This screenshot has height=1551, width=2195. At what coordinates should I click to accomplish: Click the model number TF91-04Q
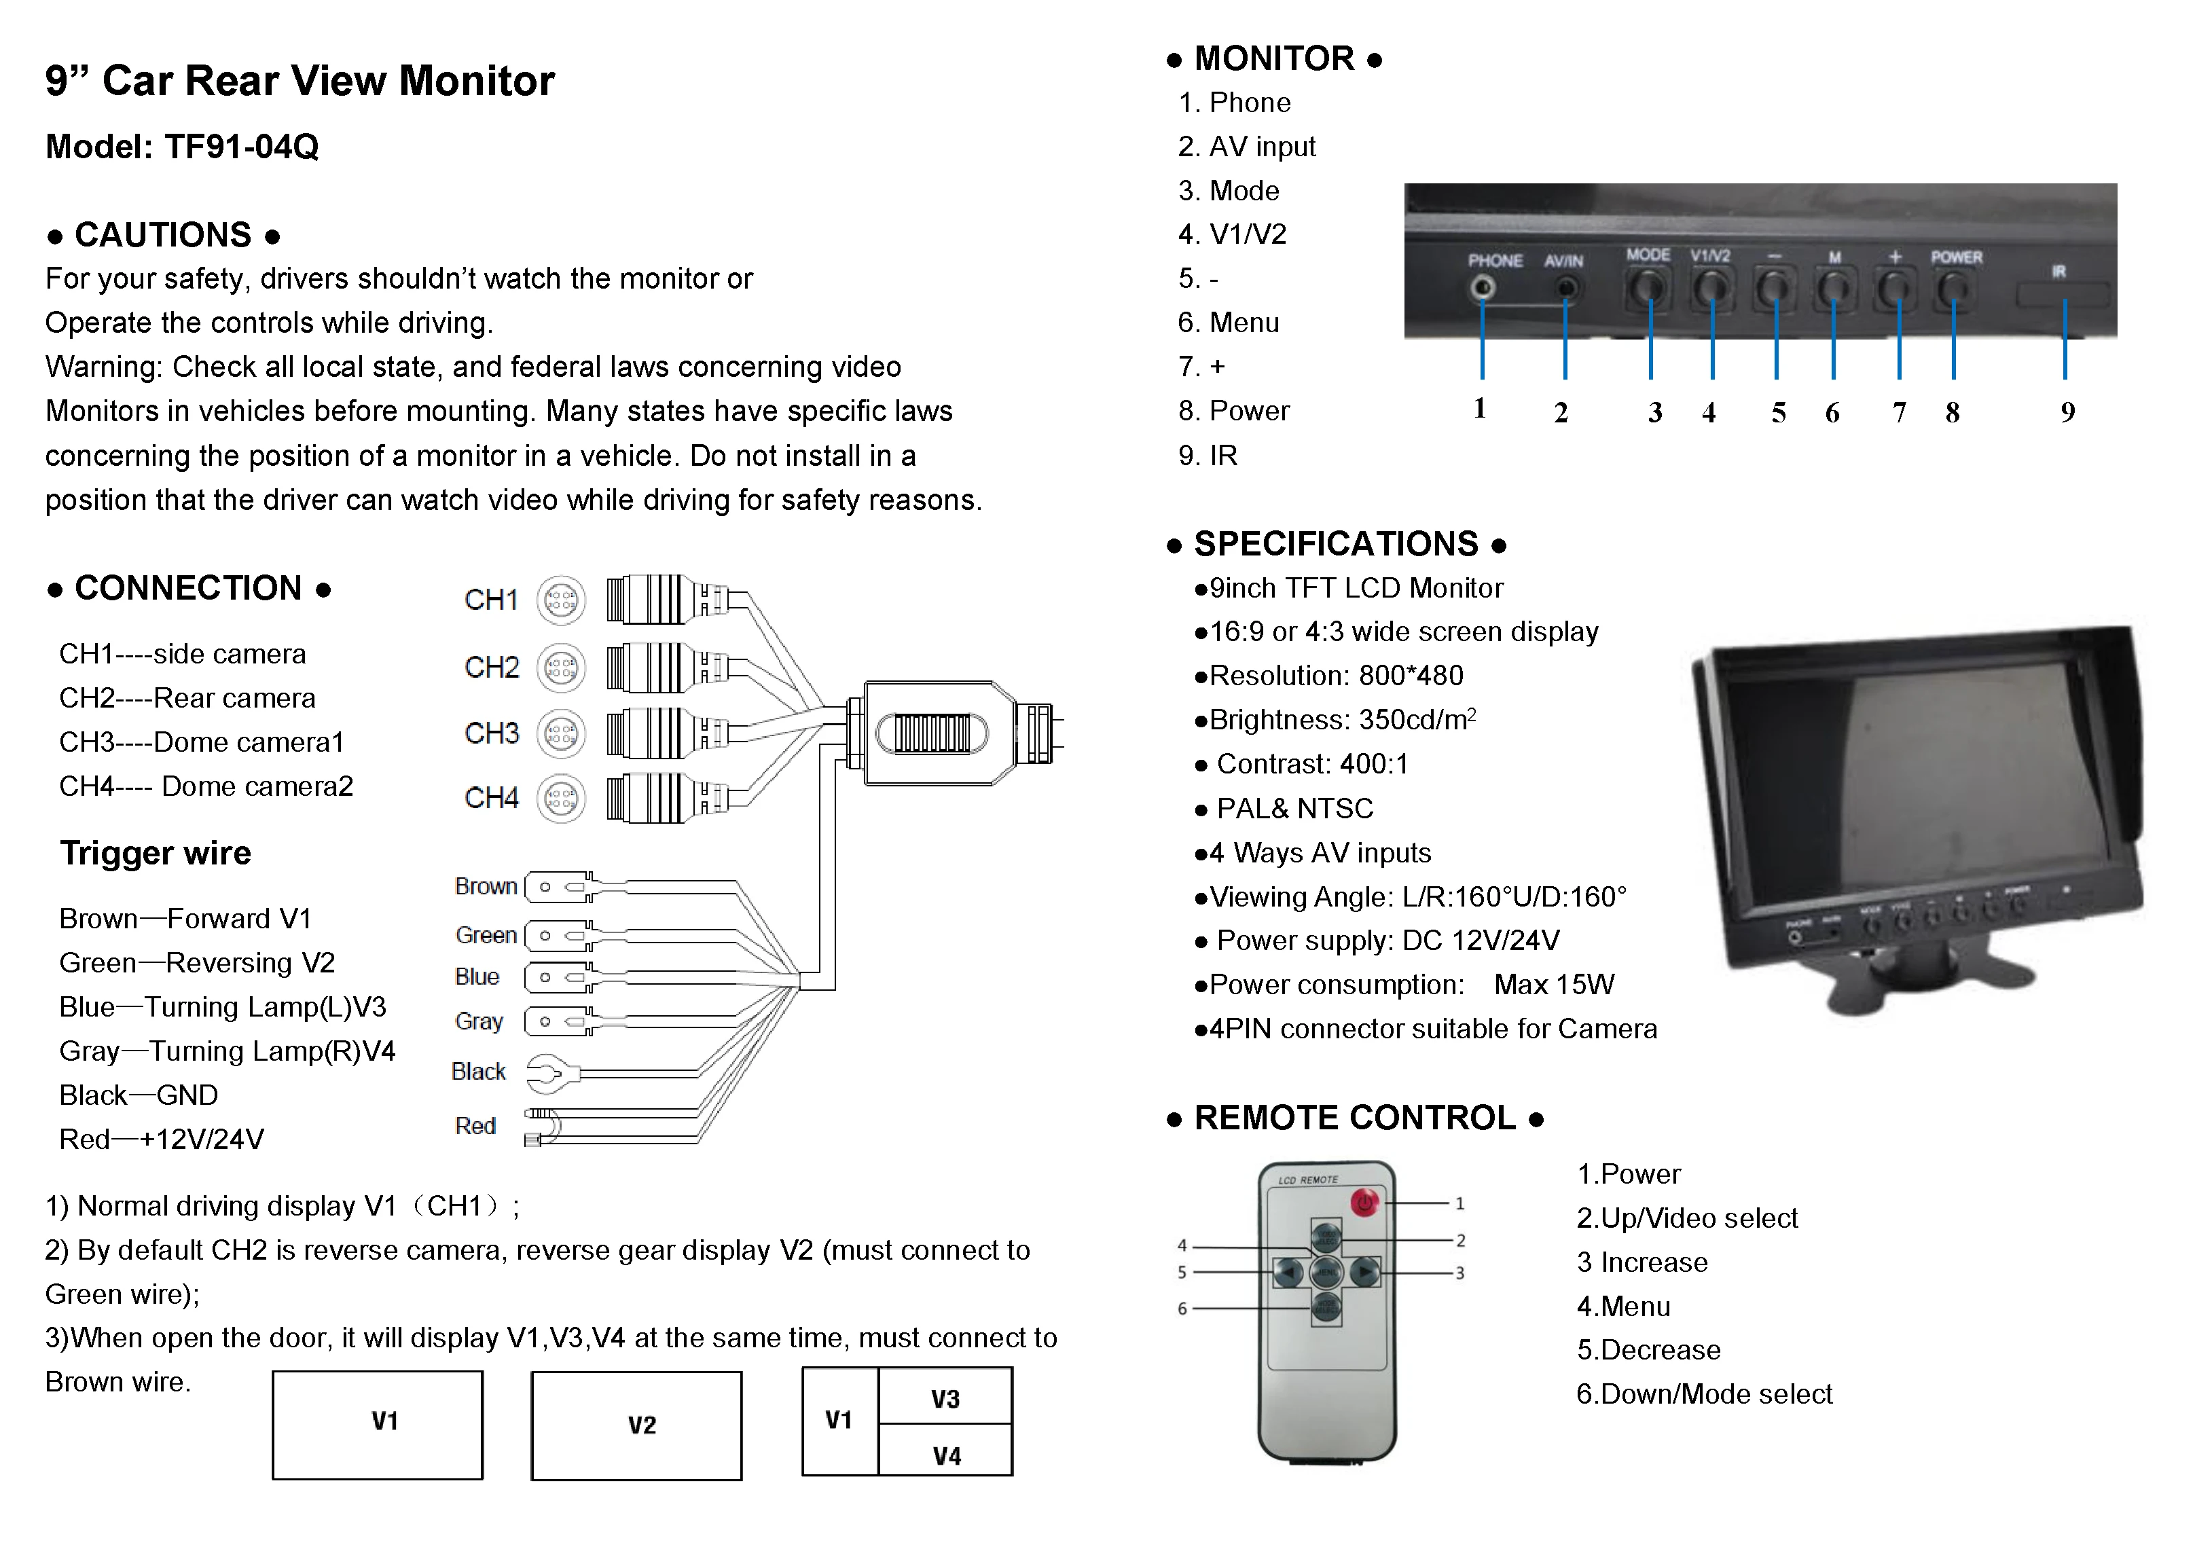click(241, 147)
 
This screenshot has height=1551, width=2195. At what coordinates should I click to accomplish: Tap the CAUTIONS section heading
click(164, 235)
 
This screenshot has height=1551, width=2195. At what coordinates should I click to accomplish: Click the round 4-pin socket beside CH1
click(561, 600)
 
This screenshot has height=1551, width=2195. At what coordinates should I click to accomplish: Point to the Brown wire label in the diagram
click(486, 886)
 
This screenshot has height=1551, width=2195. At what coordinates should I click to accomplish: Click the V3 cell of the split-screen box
click(945, 1398)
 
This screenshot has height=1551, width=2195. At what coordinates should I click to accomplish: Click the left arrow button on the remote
click(1288, 1272)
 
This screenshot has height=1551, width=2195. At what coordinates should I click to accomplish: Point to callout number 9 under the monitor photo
click(2067, 412)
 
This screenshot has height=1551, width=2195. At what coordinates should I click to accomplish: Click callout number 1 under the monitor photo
click(1480, 408)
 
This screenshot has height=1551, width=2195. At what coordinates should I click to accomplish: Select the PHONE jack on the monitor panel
click(1483, 287)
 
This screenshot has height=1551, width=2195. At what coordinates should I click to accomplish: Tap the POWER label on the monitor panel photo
click(1956, 257)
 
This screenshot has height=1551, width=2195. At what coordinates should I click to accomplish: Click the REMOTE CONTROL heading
click(1355, 1118)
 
